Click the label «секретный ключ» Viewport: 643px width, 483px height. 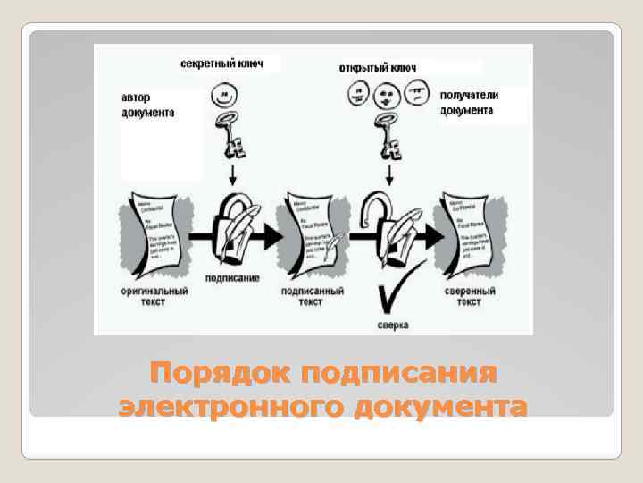point(221,65)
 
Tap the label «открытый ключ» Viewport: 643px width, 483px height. point(379,68)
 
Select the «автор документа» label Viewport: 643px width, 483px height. point(148,106)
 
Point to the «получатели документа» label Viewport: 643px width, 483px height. point(468,103)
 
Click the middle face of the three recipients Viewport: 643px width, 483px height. point(387,95)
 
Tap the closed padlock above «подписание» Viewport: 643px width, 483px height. point(234,231)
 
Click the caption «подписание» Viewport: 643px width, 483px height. point(231,278)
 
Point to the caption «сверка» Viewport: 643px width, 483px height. point(392,326)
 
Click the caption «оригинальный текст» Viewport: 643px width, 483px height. point(154,297)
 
